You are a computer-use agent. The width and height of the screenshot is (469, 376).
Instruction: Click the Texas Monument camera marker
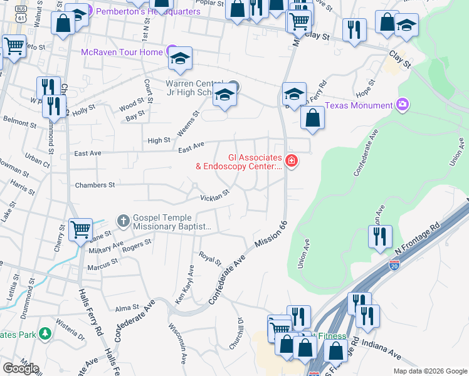(x=403, y=105)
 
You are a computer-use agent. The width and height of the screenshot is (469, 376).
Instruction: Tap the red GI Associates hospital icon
(x=291, y=162)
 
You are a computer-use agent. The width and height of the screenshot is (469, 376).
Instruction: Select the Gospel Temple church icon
(x=123, y=220)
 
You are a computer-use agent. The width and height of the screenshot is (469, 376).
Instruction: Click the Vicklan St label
(x=215, y=197)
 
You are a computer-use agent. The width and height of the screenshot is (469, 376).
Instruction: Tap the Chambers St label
(x=95, y=185)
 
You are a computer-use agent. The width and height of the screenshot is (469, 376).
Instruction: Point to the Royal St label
(x=210, y=259)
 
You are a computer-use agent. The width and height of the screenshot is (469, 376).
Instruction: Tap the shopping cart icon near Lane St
(x=81, y=229)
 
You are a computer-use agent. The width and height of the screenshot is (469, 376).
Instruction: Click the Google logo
(x=20, y=368)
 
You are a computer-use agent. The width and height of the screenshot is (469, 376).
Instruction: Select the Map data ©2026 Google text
(x=429, y=371)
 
